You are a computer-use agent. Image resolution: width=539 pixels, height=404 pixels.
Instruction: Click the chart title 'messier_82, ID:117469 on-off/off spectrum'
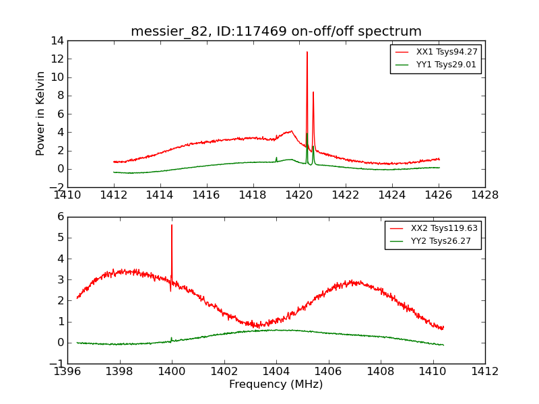coord(276,32)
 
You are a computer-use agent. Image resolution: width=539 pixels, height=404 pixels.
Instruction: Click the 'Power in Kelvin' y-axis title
coord(41,113)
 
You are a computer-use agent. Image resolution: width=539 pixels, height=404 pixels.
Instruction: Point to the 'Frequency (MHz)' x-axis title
coord(276,384)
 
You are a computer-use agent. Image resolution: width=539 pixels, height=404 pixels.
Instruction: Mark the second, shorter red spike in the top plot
coord(313,93)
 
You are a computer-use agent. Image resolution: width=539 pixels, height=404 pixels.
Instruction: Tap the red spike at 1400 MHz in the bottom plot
coord(172,226)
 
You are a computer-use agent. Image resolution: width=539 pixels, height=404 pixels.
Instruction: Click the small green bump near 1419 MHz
coord(276,158)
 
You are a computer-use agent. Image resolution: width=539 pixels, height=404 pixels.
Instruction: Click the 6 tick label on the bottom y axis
coord(59,217)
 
